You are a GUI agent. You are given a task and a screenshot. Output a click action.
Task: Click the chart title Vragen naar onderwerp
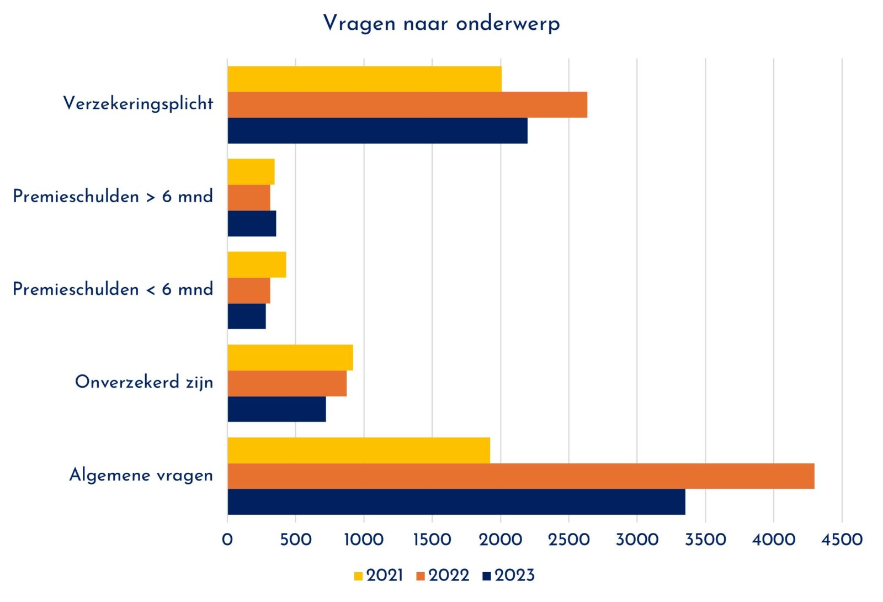click(441, 24)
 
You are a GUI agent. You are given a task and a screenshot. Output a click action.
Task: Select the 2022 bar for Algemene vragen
click(520, 476)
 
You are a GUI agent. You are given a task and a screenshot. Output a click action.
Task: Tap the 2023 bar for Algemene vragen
click(456, 502)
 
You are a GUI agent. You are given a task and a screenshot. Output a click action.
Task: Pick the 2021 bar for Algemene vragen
click(359, 450)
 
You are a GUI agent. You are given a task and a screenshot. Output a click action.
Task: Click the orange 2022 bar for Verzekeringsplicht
click(407, 105)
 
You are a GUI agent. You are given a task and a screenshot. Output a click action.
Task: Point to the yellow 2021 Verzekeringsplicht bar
click(364, 79)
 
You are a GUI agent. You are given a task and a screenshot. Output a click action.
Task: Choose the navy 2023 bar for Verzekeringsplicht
click(377, 131)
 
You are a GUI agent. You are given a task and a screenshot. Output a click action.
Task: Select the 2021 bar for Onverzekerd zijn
click(290, 357)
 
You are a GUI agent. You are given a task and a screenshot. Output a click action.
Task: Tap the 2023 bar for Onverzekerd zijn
click(276, 409)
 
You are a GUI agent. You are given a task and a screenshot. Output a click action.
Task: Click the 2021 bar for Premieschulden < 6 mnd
click(257, 265)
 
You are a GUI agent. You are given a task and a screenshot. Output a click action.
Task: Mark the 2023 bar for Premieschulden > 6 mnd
click(252, 224)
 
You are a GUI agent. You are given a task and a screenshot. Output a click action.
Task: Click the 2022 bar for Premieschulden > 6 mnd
click(249, 198)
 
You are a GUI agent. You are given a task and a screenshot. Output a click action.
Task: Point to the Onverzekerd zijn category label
click(144, 382)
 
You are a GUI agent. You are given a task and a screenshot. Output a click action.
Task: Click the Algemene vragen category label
click(141, 475)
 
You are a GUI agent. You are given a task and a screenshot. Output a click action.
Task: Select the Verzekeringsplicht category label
click(138, 103)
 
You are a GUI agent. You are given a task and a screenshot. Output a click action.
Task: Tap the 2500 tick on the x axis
click(568, 540)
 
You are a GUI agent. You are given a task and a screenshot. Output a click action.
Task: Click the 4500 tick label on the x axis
click(842, 540)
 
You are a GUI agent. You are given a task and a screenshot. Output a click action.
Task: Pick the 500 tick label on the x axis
click(295, 540)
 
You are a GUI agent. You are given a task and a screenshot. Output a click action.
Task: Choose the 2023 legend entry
click(508, 575)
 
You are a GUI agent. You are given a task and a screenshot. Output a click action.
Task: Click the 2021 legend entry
click(379, 575)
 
